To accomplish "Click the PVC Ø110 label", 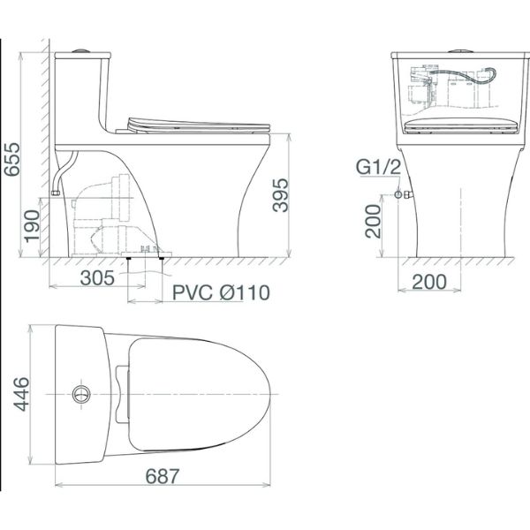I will (x=216, y=292).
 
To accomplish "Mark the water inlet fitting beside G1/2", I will (x=400, y=193).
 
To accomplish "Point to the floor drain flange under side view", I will (x=145, y=257).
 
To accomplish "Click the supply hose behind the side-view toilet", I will (x=62, y=172).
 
